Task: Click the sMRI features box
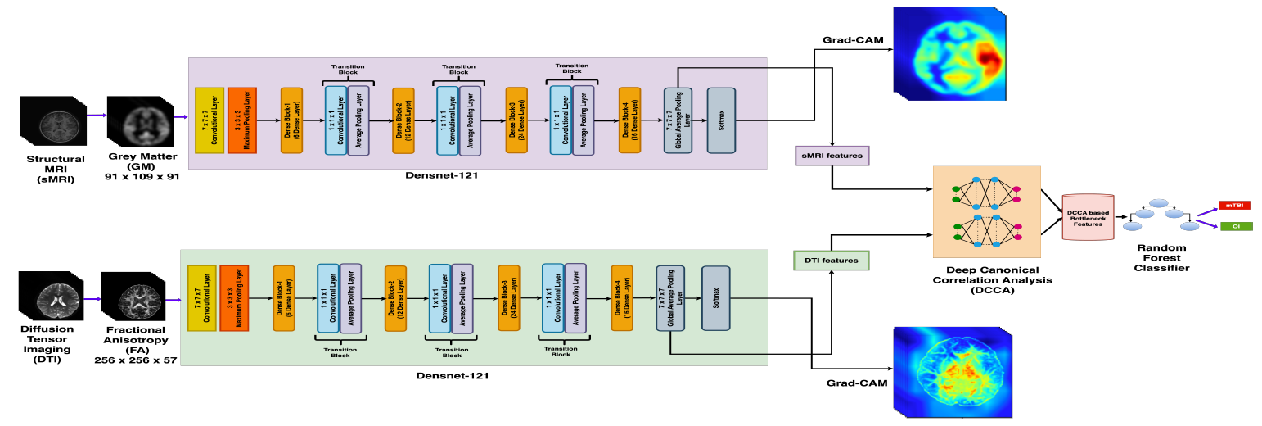pyautogui.click(x=832, y=155)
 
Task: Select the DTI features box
pyautogui.click(x=831, y=261)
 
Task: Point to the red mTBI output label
pyautogui.click(x=1235, y=205)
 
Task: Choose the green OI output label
pyautogui.click(x=1235, y=226)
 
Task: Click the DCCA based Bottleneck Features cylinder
pyautogui.click(x=1088, y=217)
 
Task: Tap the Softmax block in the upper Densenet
pyautogui.click(x=721, y=120)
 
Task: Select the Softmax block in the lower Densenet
pyautogui.click(x=715, y=298)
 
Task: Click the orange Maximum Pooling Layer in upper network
pyautogui.click(x=242, y=120)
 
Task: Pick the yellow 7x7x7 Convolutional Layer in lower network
pyautogui.click(x=201, y=298)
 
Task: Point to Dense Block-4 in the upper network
pyautogui.click(x=629, y=120)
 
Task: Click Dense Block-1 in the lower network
pyautogui.click(x=283, y=298)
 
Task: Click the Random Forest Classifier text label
pyautogui.click(x=1156, y=256)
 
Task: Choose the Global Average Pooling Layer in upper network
pyautogui.click(x=678, y=120)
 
